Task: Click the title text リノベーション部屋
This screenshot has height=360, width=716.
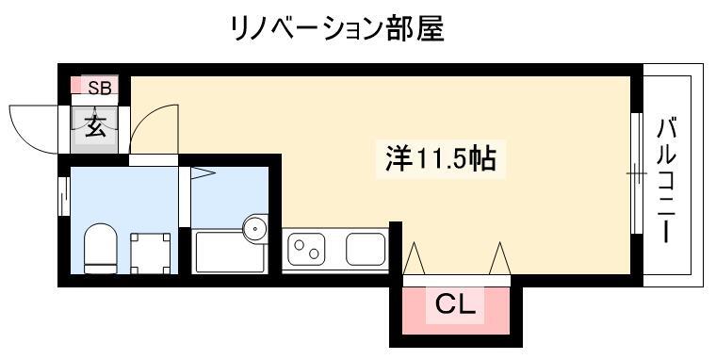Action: (x=338, y=29)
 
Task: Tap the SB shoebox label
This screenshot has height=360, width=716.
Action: (x=100, y=88)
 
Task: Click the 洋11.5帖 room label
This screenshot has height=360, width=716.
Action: (x=441, y=159)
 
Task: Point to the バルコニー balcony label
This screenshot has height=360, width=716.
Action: (x=666, y=180)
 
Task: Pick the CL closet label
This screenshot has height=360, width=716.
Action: (x=455, y=304)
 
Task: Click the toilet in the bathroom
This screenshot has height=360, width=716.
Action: (x=101, y=248)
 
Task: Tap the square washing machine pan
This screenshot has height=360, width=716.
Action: (x=150, y=254)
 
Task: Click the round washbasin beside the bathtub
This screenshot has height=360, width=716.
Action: (x=254, y=227)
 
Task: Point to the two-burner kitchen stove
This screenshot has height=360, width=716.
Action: (x=306, y=249)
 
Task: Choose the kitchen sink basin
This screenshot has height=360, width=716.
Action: (x=366, y=249)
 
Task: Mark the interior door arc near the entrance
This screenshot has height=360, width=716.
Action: (x=145, y=118)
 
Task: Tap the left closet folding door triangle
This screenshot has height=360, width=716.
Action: (x=415, y=258)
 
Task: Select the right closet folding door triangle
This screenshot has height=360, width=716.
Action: (x=500, y=258)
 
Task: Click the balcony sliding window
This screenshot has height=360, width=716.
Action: (x=637, y=173)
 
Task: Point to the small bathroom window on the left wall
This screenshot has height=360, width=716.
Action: (x=64, y=196)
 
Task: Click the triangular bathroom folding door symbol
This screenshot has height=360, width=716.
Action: (x=203, y=173)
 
